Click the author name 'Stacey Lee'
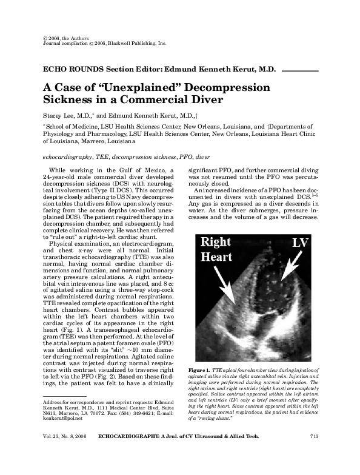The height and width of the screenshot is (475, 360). (59, 115)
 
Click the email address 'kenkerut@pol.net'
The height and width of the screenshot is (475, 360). (62, 417)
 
